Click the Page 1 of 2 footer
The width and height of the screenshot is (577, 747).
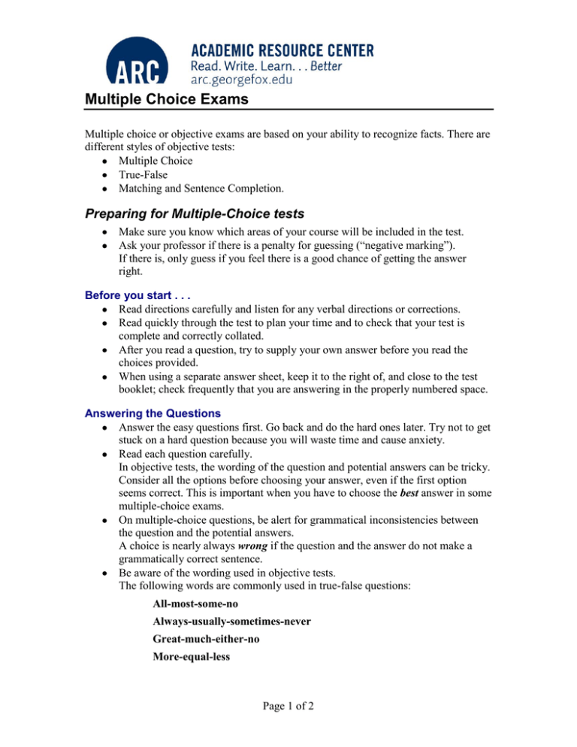click(288, 728)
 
